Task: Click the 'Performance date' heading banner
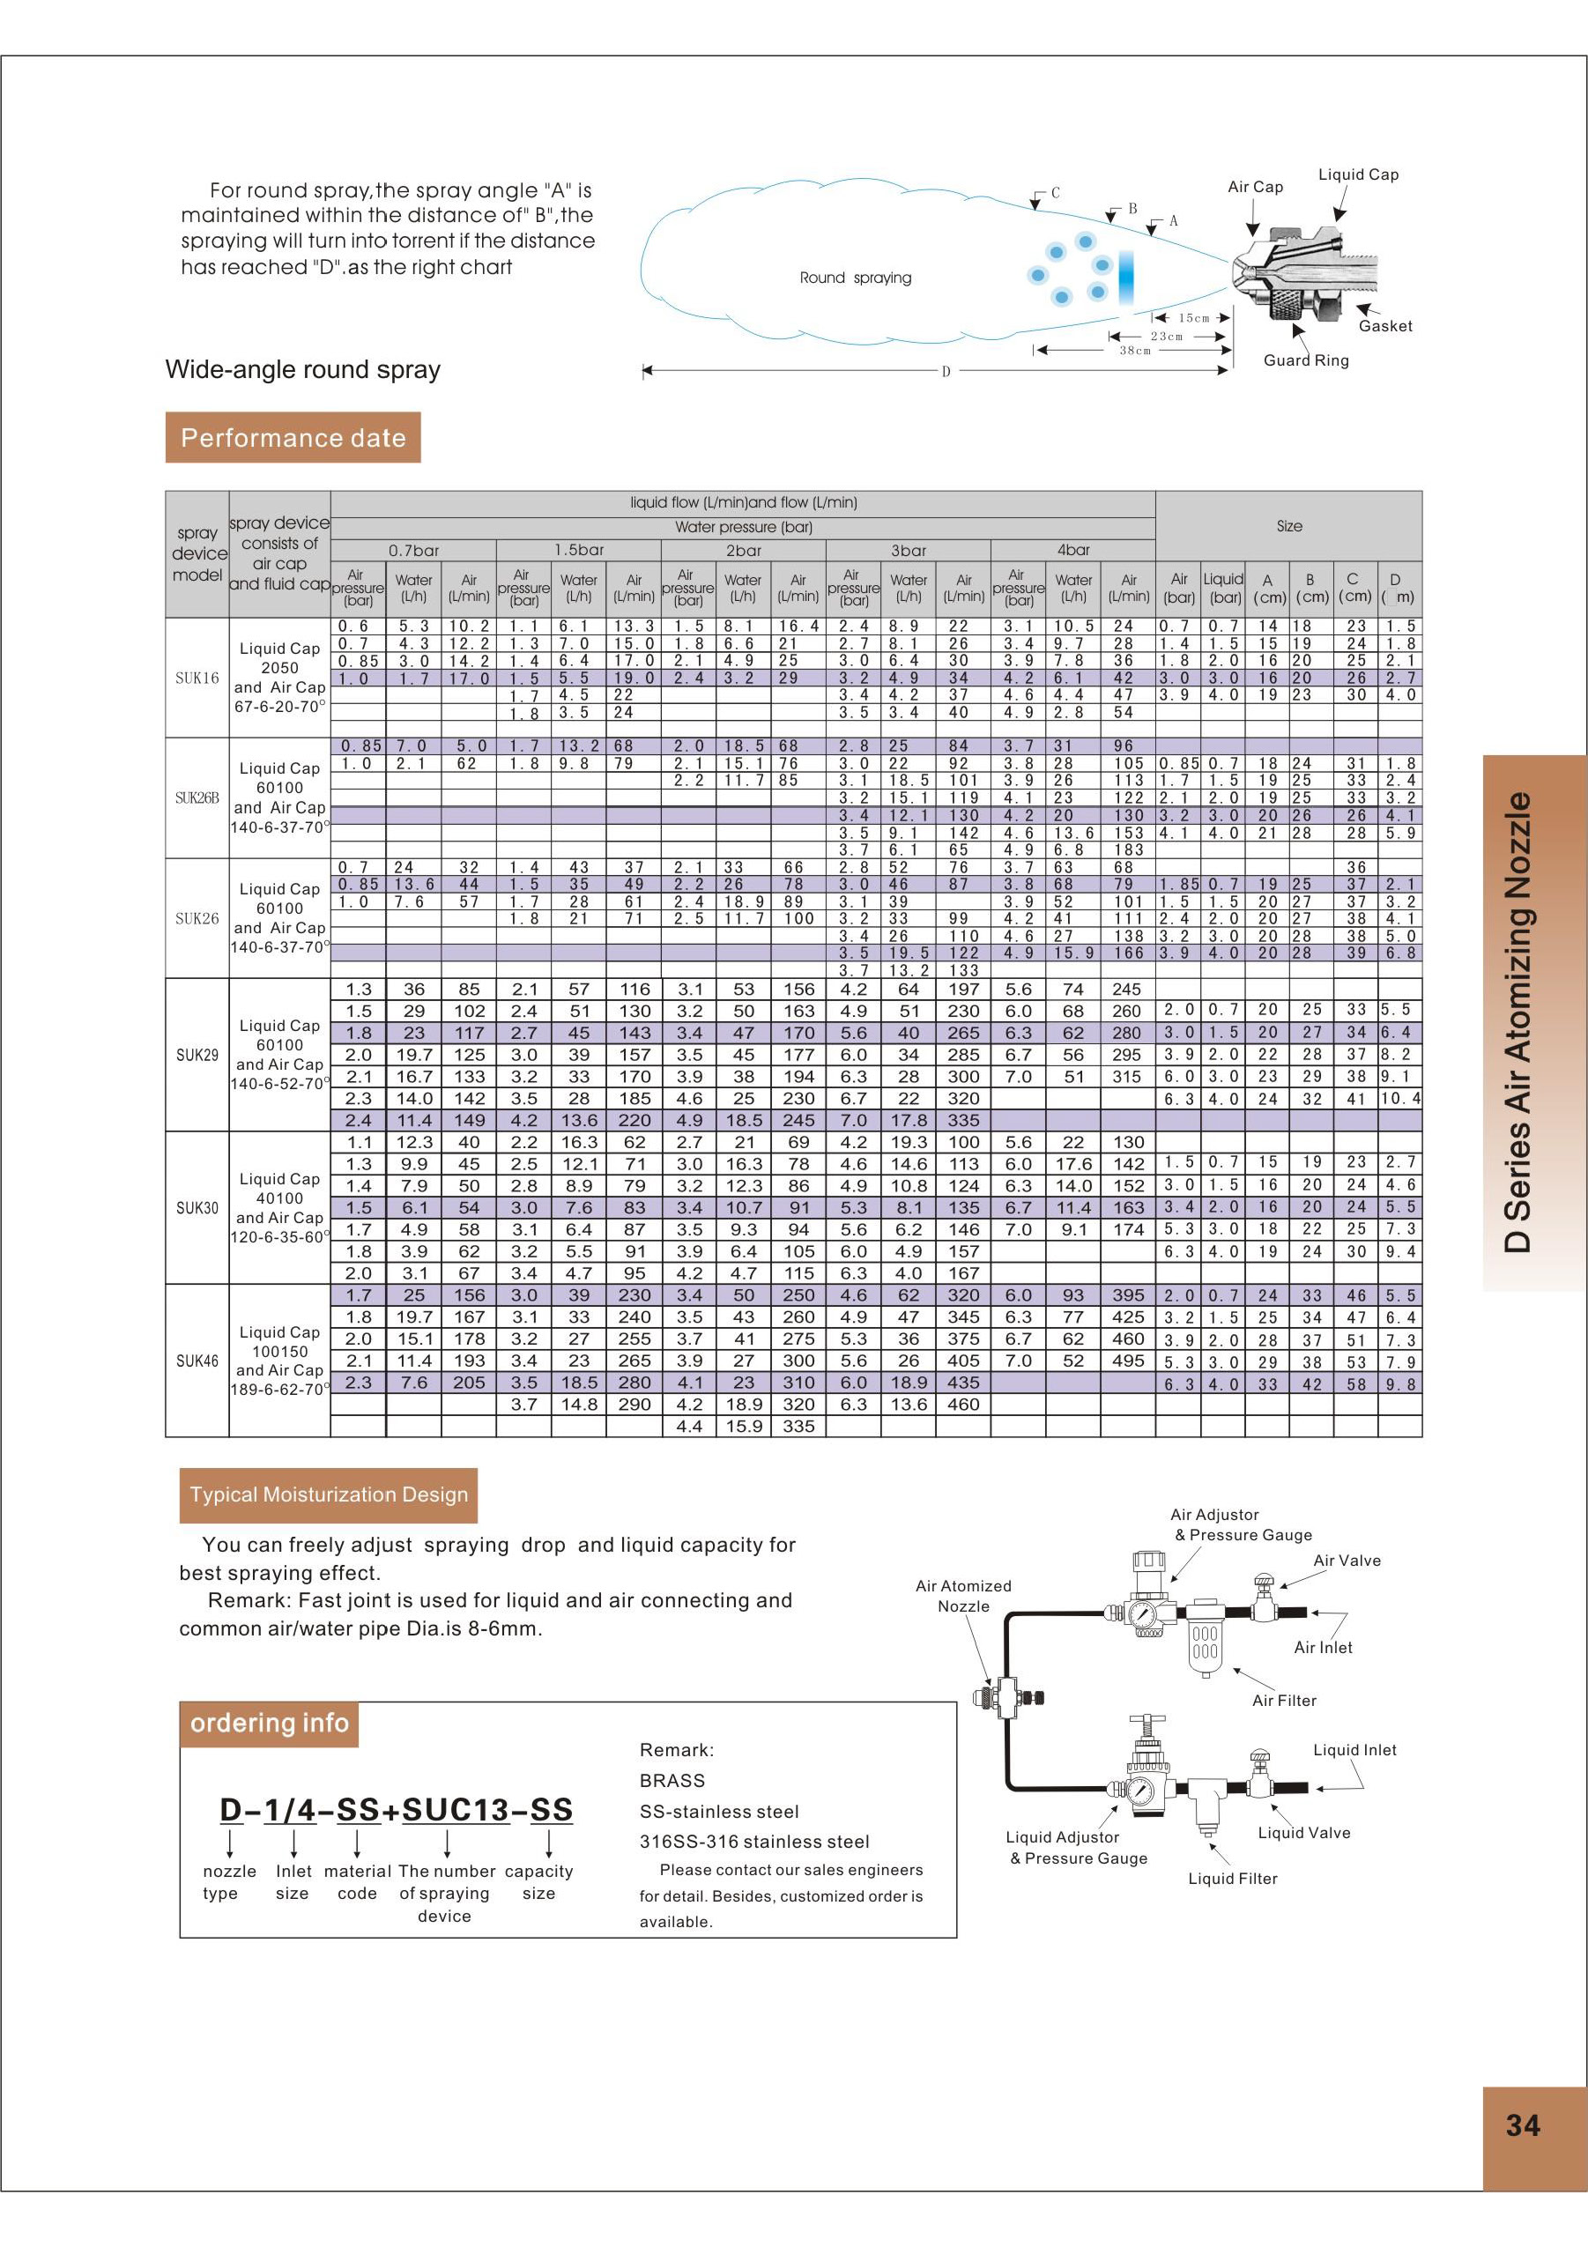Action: coord(293,437)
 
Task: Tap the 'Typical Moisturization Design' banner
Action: coord(329,1494)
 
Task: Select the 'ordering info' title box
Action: coord(269,1723)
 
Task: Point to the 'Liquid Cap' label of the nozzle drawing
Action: coord(1358,174)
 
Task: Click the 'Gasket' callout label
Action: coord(1384,326)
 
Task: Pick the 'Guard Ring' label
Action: coord(1305,360)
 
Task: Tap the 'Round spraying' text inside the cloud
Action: coord(855,278)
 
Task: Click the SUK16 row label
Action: coord(197,678)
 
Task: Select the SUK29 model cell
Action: coord(197,1055)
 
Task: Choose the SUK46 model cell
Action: coord(197,1361)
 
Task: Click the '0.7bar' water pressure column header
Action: coord(414,550)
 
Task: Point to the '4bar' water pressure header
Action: coord(1073,550)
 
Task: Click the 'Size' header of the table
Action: coord(1288,525)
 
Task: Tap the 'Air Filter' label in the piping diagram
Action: coord(1284,1700)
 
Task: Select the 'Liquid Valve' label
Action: coord(1303,1832)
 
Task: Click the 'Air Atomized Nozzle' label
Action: coord(963,1595)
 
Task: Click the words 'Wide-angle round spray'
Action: coord(302,370)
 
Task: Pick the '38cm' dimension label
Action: coord(1135,351)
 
